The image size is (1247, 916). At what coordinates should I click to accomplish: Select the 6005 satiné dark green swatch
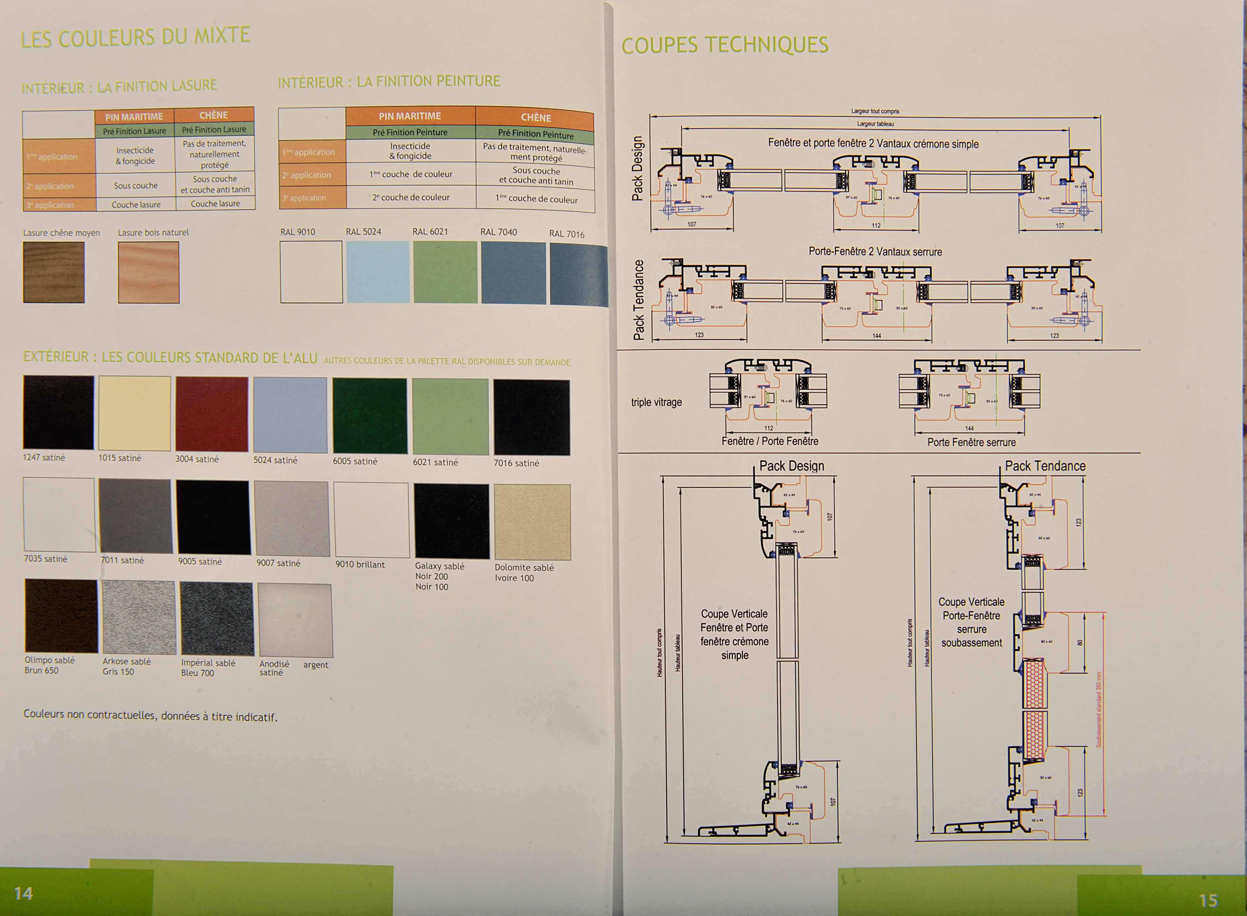[x=370, y=416]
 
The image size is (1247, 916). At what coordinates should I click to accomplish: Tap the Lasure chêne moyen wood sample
[x=54, y=272]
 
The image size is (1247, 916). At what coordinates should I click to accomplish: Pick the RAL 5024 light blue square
[x=378, y=272]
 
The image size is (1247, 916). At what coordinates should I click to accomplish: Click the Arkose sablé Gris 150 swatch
[x=139, y=617]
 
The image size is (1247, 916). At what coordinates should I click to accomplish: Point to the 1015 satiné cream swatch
[x=135, y=413]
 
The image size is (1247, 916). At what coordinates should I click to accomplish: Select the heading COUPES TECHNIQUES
[x=725, y=45]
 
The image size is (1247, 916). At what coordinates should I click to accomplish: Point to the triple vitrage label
[x=657, y=402]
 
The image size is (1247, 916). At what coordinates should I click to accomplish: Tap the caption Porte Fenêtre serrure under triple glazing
[x=971, y=442]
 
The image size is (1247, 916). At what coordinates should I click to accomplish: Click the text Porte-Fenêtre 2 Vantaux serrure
[x=875, y=251]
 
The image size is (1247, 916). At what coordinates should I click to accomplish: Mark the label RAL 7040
[x=499, y=232]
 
